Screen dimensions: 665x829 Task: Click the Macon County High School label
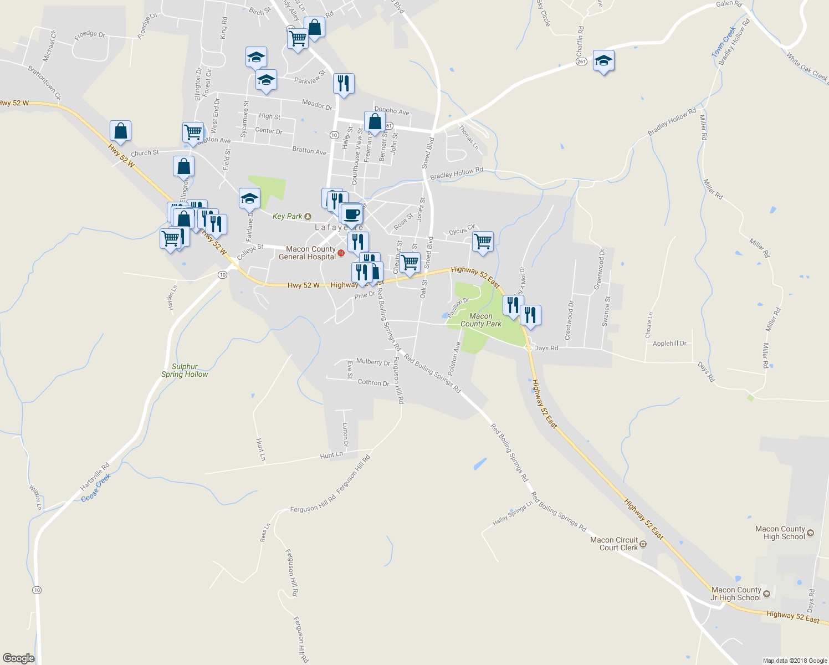click(780, 533)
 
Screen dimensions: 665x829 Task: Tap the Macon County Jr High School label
click(736, 594)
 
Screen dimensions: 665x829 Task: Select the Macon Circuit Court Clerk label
click(614, 544)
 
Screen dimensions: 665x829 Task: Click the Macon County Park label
click(480, 320)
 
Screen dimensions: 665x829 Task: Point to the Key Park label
click(288, 216)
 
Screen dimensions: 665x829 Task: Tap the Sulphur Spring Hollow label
click(185, 370)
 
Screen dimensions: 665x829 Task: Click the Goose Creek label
click(96, 488)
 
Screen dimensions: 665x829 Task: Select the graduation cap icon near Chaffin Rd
click(603, 60)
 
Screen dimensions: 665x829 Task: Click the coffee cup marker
click(351, 213)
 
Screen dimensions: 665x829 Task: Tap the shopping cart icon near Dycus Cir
click(483, 242)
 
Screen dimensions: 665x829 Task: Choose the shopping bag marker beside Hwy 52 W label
click(120, 131)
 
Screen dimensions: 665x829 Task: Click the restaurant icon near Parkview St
click(344, 84)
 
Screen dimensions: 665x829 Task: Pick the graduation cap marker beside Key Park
click(249, 198)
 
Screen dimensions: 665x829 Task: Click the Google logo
click(18, 658)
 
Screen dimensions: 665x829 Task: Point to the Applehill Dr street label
click(669, 344)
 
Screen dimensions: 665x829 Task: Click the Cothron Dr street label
click(373, 382)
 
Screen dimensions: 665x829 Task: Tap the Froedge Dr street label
click(90, 34)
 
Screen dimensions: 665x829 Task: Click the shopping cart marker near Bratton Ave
click(193, 132)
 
